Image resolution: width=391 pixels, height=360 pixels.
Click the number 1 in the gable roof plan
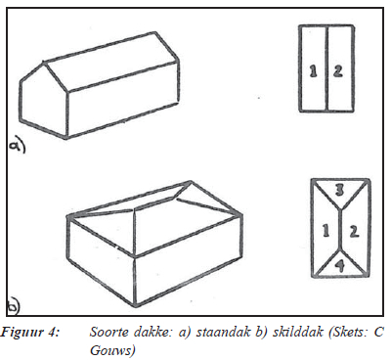313,71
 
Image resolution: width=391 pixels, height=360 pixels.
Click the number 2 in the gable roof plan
338,71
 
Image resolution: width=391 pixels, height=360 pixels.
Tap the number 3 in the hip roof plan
340,191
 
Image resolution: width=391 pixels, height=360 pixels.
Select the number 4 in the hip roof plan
340,266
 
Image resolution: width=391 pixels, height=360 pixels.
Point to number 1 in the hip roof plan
326,231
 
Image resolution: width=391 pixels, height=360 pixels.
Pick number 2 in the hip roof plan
354,231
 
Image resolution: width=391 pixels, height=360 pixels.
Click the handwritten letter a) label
17,146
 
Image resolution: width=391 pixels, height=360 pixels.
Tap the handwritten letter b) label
14,306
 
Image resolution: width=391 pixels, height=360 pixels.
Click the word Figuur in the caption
22,333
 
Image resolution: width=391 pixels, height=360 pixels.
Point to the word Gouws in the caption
112,351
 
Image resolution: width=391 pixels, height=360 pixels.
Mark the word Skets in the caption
349,333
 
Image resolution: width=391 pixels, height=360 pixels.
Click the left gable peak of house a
43,62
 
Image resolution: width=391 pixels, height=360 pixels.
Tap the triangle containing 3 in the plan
340,193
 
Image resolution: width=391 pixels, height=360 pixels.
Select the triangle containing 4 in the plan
340,265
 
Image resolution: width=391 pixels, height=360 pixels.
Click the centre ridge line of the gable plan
326,69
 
